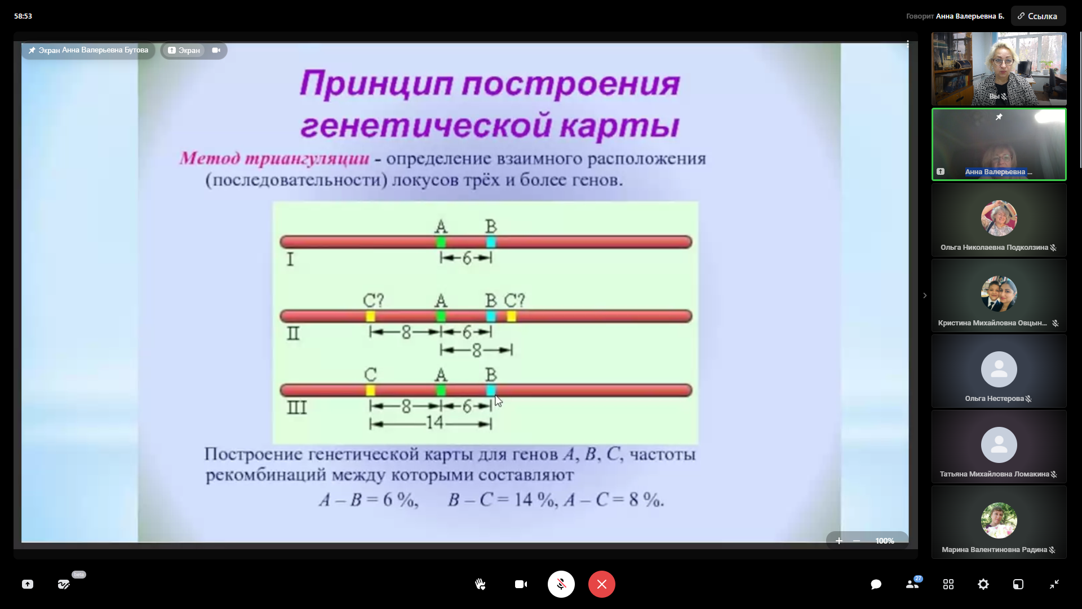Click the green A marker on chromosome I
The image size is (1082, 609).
click(441, 242)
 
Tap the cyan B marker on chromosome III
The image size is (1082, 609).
click(491, 390)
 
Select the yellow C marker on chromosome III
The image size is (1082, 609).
click(370, 390)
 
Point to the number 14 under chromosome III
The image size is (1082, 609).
click(435, 423)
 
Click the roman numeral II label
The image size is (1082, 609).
click(293, 334)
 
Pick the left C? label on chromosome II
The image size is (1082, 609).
click(373, 301)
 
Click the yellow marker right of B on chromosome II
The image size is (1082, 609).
click(511, 316)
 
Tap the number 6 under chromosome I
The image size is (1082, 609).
click(467, 258)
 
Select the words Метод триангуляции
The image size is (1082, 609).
click(274, 158)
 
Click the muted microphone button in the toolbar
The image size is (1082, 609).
click(561, 584)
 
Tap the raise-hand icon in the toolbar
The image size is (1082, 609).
click(480, 584)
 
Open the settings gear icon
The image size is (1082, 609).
click(983, 584)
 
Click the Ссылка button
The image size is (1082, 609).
click(1038, 16)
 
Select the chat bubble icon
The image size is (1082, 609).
click(876, 584)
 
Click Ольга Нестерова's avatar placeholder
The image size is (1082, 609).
click(999, 369)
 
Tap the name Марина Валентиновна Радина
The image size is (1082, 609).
click(994, 550)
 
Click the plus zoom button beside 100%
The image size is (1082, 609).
click(839, 541)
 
